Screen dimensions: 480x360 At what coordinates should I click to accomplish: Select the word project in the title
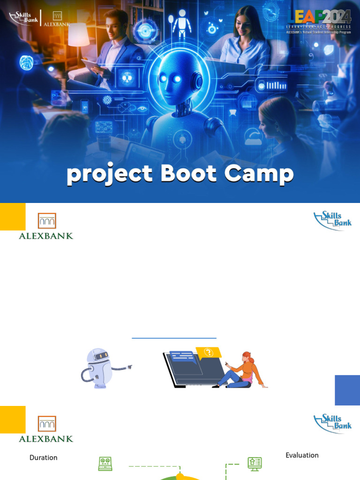[109, 174]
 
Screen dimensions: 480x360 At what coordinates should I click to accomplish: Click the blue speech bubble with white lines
[182, 358]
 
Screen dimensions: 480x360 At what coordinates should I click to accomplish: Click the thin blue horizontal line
[174, 337]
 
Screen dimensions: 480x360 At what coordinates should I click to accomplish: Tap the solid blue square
[347, 390]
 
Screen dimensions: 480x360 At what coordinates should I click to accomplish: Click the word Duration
[44, 457]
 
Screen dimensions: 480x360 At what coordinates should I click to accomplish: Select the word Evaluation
[302, 455]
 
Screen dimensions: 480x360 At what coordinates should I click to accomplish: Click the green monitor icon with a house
[255, 464]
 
